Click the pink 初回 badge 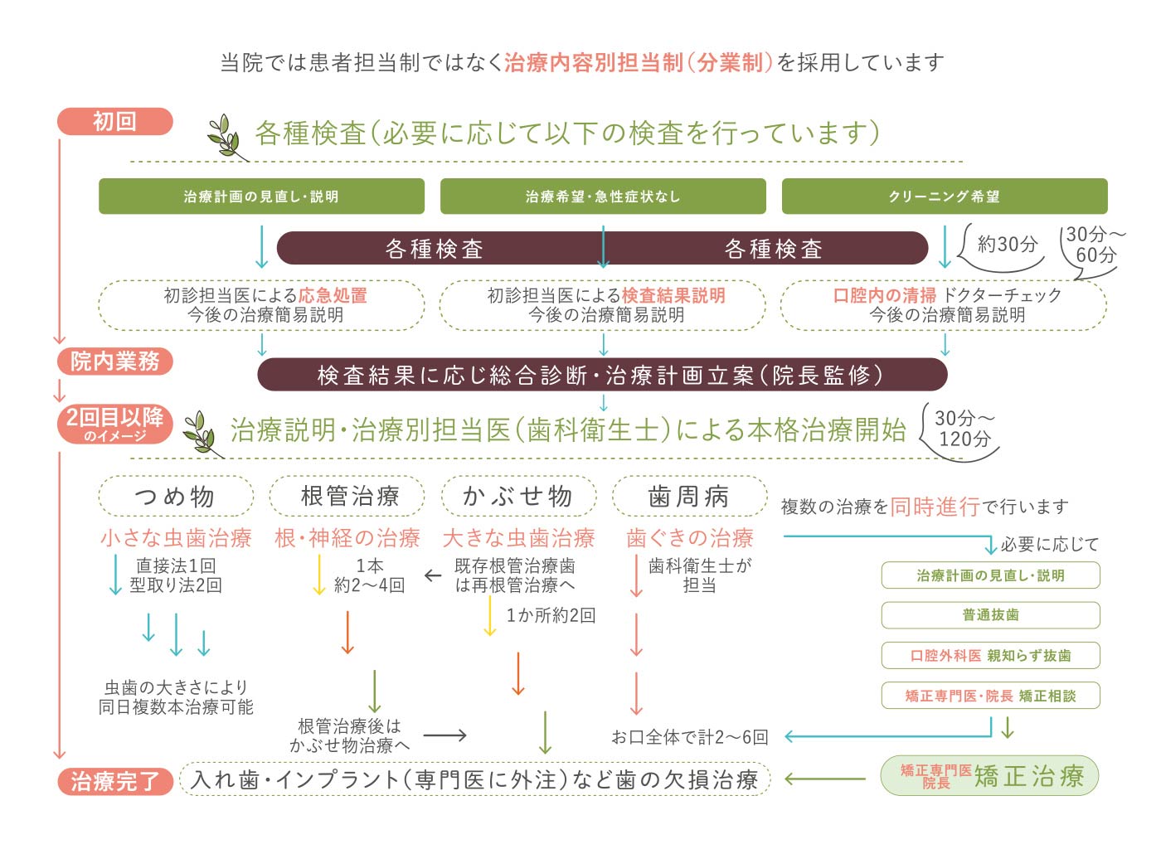(x=114, y=122)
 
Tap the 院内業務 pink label (x=114, y=361)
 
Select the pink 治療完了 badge (x=114, y=781)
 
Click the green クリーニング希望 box (x=945, y=197)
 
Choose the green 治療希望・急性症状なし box (x=603, y=197)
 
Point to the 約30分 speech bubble (x=1002, y=250)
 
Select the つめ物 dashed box (x=176, y=496)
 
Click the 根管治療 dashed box (x=347, y=496)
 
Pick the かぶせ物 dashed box (x=518, y=496)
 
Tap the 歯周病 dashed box (x=689, y=496)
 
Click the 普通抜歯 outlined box (x=990, y=615)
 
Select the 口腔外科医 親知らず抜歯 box (x=990, y=656)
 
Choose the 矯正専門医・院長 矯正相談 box (x=990, y=696)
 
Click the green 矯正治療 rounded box (x=989, y=776)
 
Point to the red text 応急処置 (x=333, y=295)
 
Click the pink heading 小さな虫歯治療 (x=176, y=538)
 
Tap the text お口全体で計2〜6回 (x=689, y=737)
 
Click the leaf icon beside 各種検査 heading (x=226, y=137)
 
